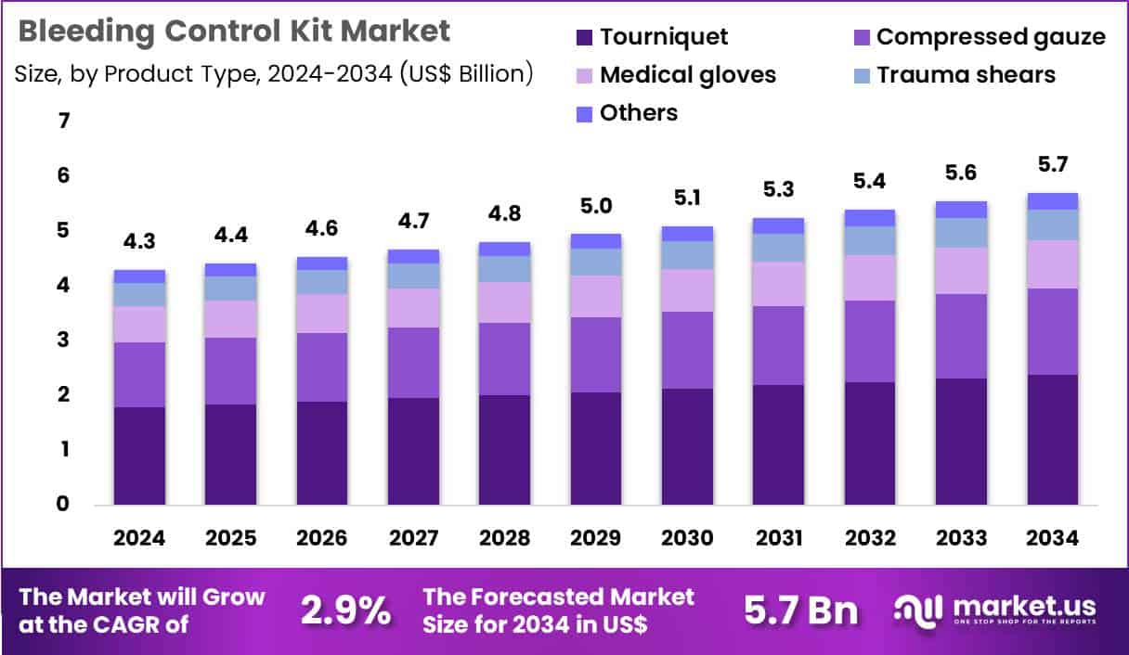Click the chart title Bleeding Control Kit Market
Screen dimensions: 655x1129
pyautogui.click(x=234, y=32)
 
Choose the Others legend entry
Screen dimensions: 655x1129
pyautogui.click(x=628, y=113)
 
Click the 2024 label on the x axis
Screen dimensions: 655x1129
pyautogui.click(x=139, y=539)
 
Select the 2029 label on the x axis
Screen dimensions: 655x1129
pyautogui.click(x=595, y=539)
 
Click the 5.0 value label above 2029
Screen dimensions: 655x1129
pyautogui.click(x=595, y=206)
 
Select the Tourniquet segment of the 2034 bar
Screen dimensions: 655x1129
pyautogui.click(x=1052, y=440)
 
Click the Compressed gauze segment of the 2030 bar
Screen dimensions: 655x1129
pyautogui.click(x=687, y=350)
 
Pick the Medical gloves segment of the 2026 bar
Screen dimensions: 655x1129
pyautogui.click(x=321, y=314)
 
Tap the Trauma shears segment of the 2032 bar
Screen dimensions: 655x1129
pyautogui.click(x=870, y=241)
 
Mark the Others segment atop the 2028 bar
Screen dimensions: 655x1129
pyautogui.click(x=504, y=249)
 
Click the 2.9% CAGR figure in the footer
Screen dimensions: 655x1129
pyautogui.click(x=345, y=610)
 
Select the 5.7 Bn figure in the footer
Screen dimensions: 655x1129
pyautogui.click(x=801, y=610)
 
